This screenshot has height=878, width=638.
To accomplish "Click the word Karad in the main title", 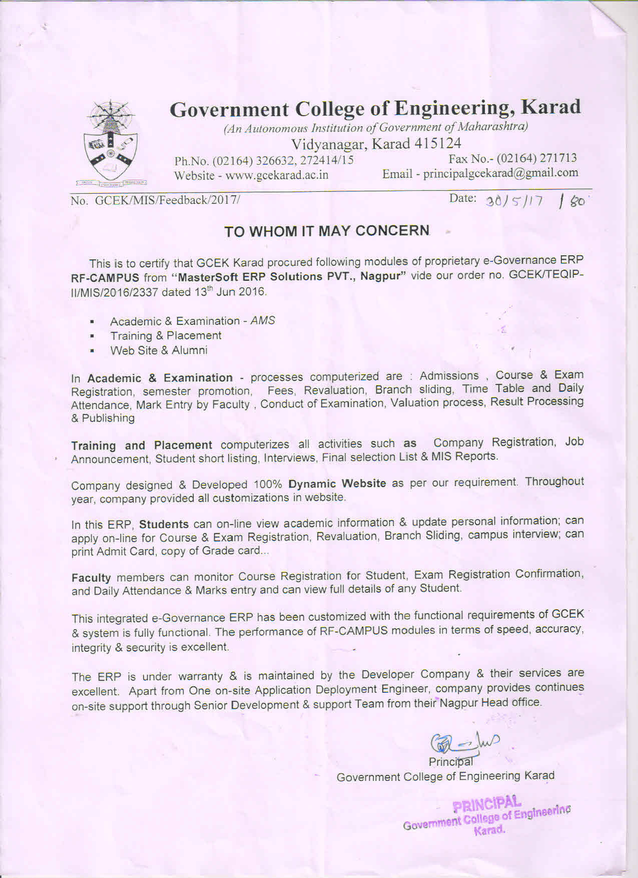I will tap(550, 107).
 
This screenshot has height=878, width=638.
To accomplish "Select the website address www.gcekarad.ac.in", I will tap(277, 176).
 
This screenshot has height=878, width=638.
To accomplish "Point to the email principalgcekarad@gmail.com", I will tap(500, 174).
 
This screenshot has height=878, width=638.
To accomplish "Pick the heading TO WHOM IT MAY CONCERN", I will tap(327, 231).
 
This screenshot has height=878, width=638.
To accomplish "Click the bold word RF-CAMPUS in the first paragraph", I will tap(105, 278).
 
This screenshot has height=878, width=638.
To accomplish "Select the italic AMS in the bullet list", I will tap(263, 320).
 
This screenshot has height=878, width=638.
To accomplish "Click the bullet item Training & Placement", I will tap(166, 335).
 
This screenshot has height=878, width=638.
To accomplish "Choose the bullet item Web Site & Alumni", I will tap(159, 350).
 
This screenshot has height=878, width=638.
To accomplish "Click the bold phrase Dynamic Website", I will tap(337, 484).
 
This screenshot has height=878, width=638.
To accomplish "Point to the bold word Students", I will tap(164, 525).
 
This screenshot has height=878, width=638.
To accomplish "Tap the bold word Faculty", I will tap(91, 578).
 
